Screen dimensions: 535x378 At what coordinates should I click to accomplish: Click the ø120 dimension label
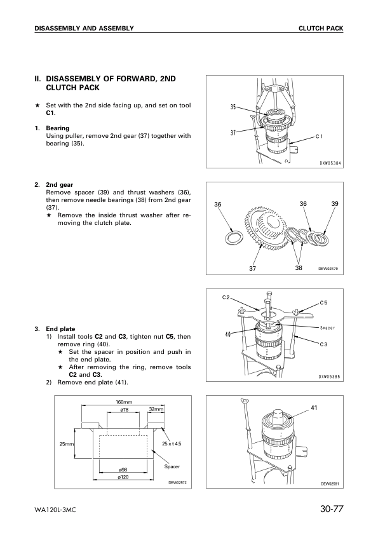(125, 477)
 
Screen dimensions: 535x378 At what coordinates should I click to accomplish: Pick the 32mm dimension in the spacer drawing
(156, 410)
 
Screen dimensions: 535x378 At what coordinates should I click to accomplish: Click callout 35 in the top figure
(234, 107)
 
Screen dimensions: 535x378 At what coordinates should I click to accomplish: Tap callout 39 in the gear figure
(334, 203)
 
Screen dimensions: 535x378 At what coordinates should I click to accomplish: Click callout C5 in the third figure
(323, 303)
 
